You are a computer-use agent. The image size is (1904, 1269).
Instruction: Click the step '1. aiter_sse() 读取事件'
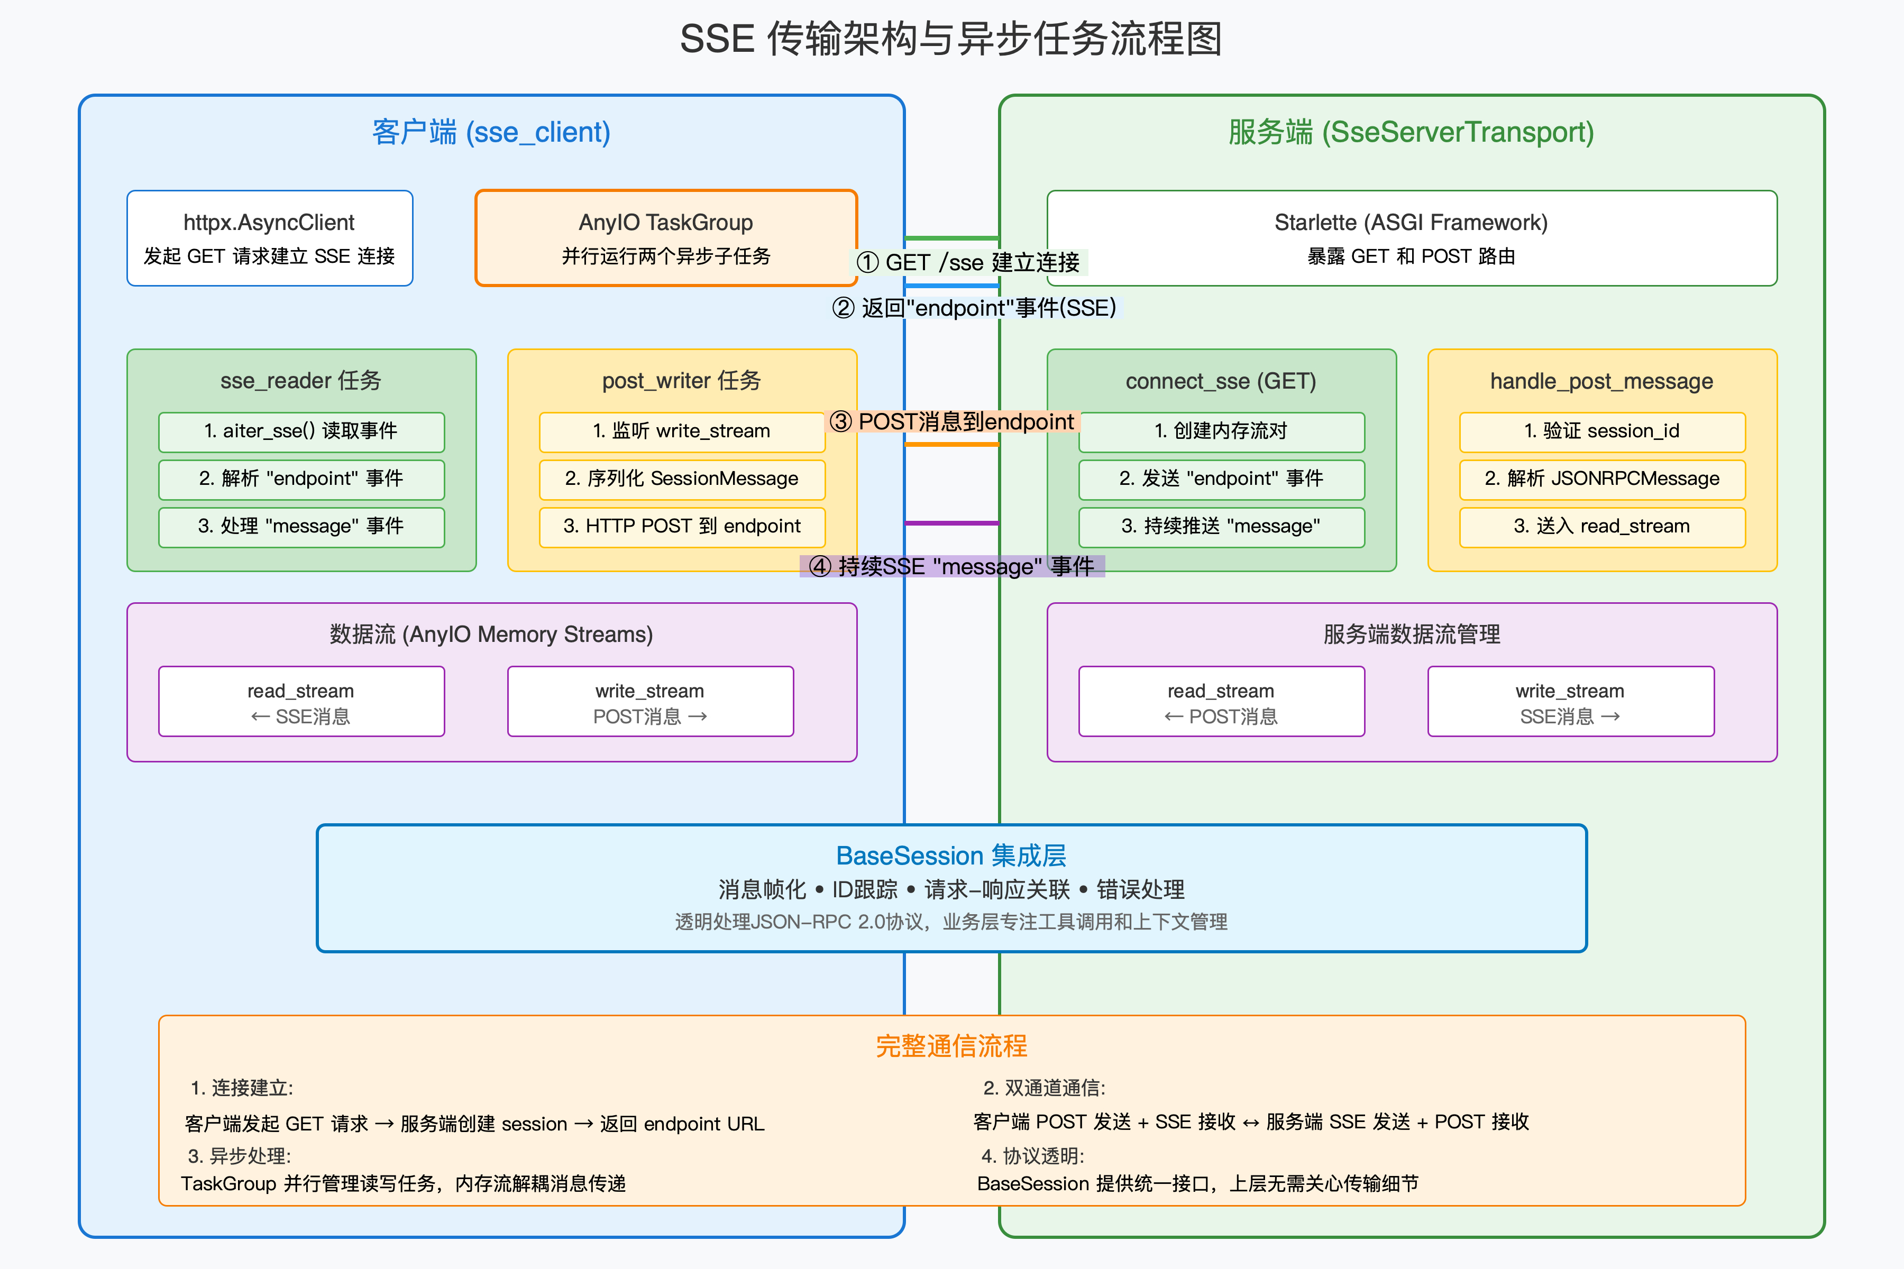[301, 431]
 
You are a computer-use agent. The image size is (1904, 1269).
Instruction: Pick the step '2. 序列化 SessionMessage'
[682, 479]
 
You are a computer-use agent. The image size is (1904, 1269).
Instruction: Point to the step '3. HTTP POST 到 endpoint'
[682, 527]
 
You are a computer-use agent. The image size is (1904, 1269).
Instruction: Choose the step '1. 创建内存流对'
[1221, 431]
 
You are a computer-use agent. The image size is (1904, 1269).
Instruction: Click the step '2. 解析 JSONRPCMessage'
[1601, 479]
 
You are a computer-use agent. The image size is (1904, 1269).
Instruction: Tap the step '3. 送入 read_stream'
[1601, 527]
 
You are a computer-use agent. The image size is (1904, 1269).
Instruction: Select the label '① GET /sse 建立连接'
[968, 262]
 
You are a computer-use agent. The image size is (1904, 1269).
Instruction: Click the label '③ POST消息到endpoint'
[952, 421]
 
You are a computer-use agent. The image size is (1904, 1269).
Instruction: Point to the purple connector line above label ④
[952, 523]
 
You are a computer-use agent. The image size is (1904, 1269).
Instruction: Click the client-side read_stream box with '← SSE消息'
[301, 702]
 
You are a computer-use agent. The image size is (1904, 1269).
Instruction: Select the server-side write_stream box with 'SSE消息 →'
[1570, 702]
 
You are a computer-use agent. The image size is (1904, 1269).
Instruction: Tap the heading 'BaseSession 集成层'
[951, 856]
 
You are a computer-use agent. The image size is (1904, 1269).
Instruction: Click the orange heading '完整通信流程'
[951, 1046]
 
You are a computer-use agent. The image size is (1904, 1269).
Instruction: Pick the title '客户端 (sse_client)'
[491, 132]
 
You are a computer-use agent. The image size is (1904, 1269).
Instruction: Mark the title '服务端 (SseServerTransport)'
[1411, 132]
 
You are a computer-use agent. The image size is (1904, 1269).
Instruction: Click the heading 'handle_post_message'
[1601, 381]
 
